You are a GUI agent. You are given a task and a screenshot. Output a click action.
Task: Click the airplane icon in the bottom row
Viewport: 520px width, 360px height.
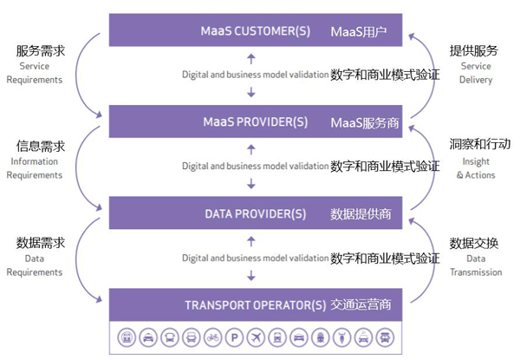[255, 337]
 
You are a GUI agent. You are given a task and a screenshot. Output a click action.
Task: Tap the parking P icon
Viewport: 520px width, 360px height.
[232, 337]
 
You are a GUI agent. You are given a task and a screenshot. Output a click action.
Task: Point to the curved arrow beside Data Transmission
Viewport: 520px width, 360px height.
[429, 260]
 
